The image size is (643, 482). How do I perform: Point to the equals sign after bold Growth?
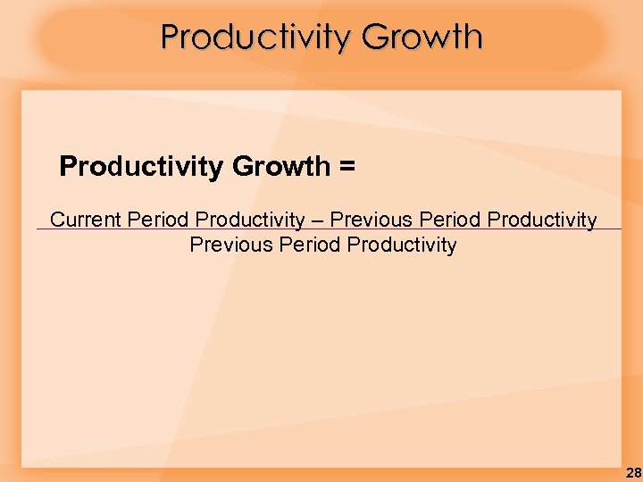pyautogui.click(x=347, y=167)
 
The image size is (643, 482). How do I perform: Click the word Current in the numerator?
pyautogui.click(x=87, y=220)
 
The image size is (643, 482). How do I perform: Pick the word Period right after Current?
pyautogui.click(x=159, y=220)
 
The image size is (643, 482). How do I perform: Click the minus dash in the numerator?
pyautogui.click(x=317, y=220)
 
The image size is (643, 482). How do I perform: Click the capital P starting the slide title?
pyautogui.click(x=170, y=37)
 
